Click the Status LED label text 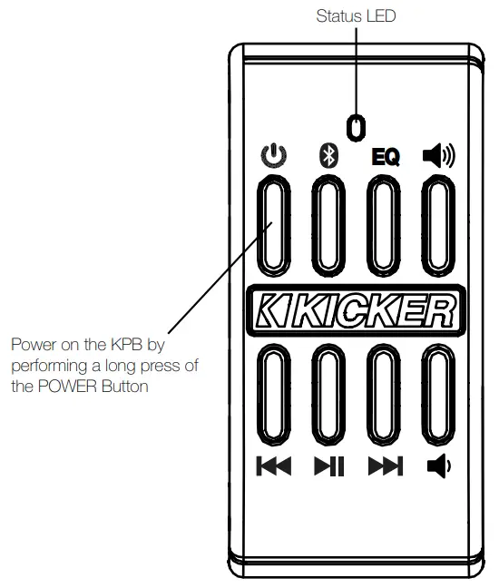[357, 15]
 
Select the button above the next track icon [385, 397]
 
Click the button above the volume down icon [438, 397]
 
